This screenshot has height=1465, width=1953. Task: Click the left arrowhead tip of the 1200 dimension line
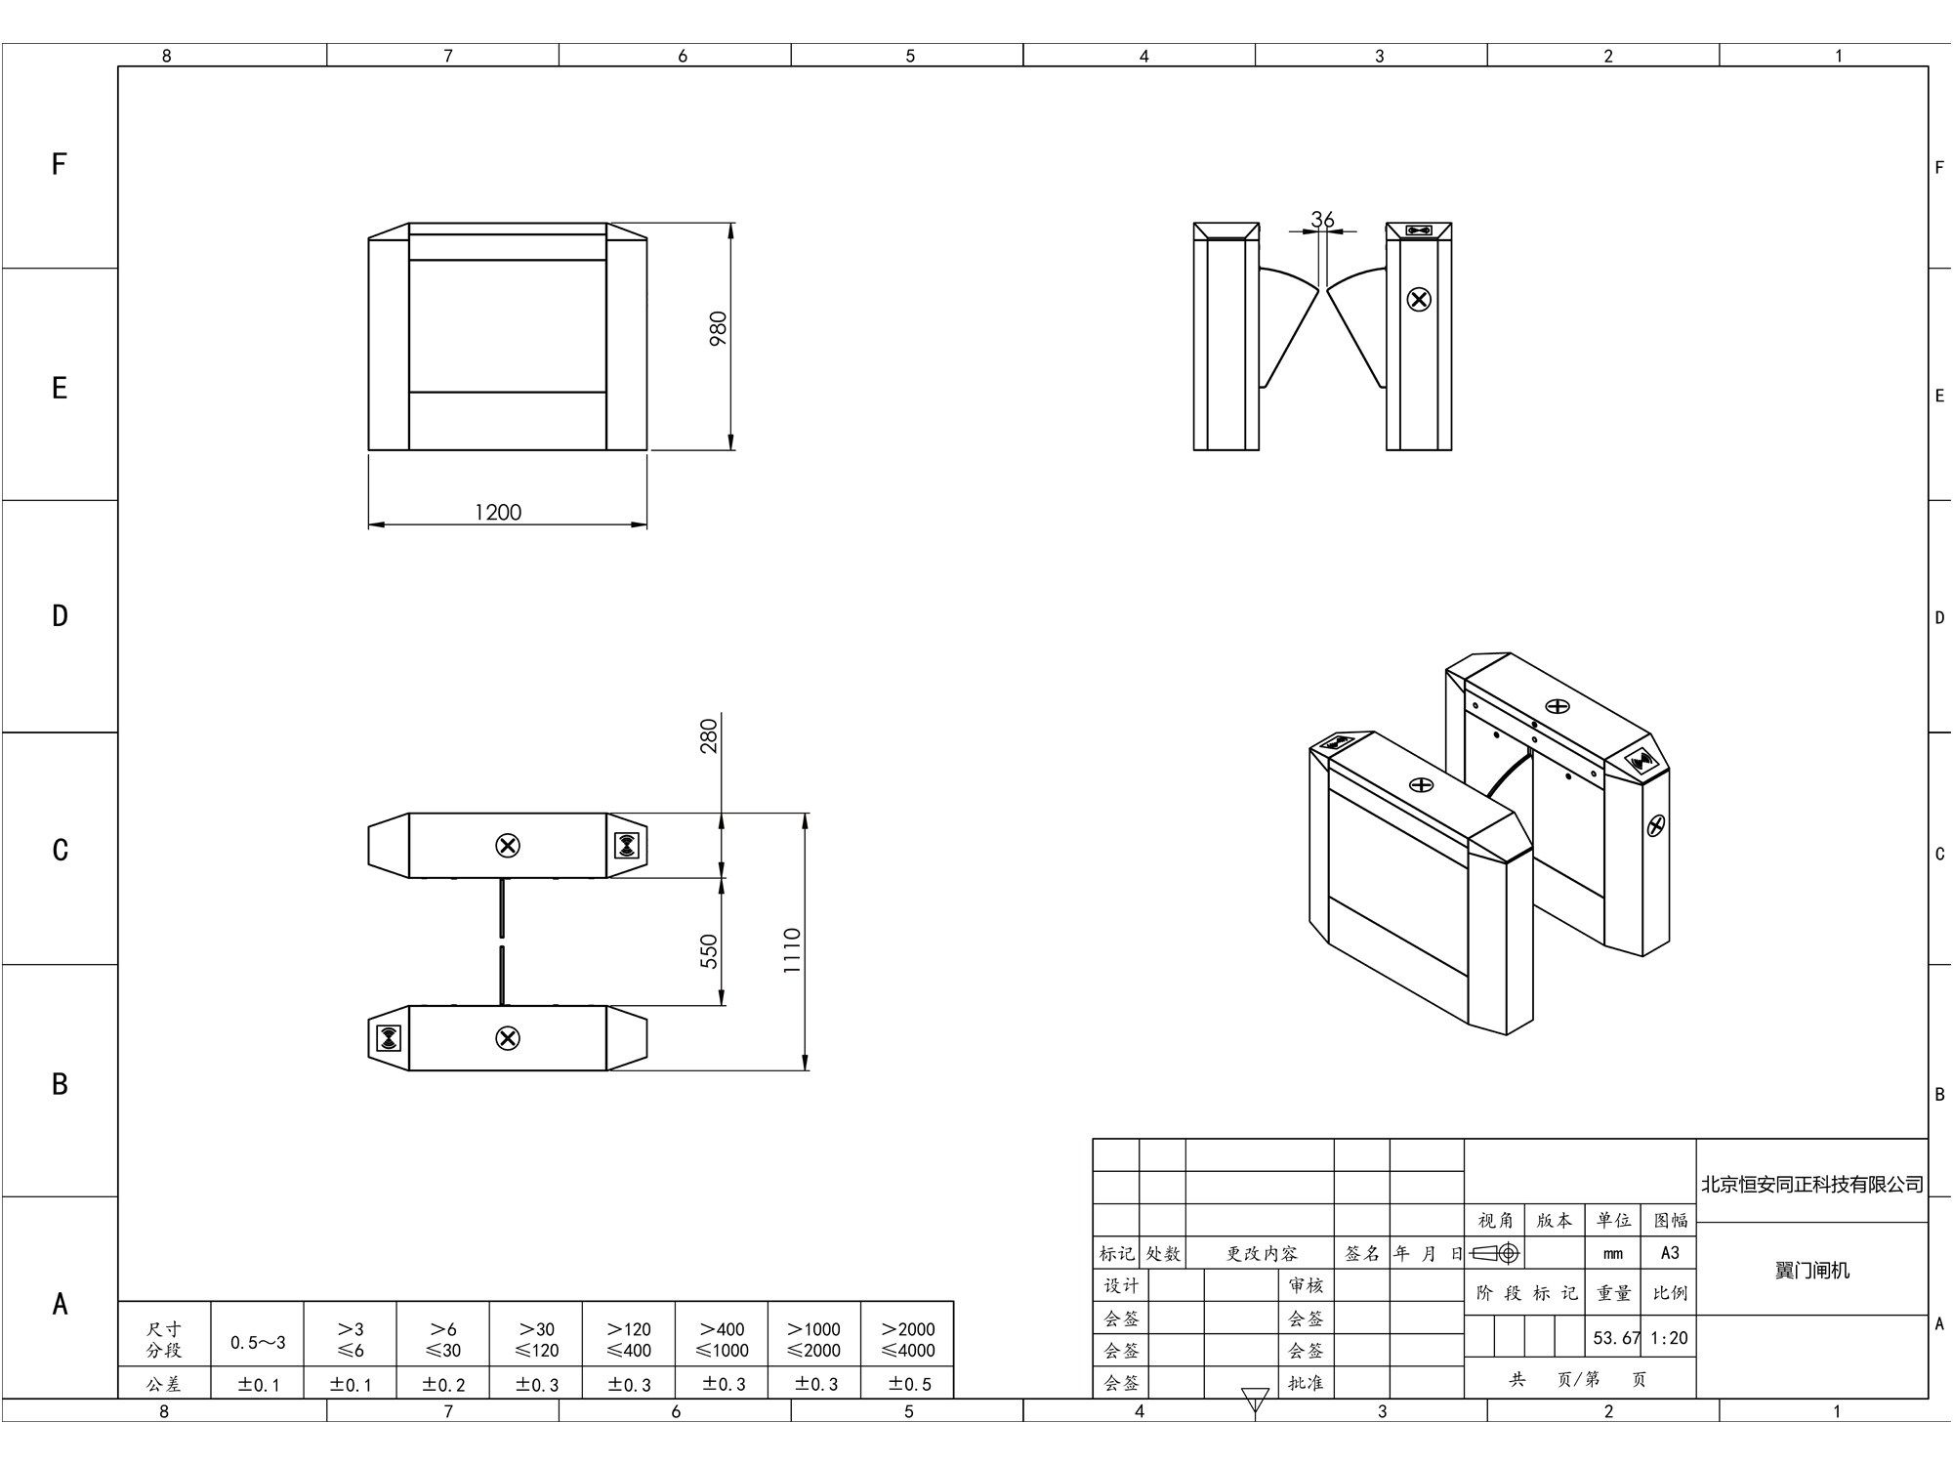[x=369, y=524]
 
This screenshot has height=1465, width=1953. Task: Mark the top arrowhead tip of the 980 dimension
[x=731, y=224]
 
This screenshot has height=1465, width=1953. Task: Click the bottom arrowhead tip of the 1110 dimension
[x=805, y=1070]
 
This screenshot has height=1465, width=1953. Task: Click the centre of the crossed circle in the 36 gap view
[x=1419, y=299]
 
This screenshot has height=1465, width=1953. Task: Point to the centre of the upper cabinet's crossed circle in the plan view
[x=508, y=846]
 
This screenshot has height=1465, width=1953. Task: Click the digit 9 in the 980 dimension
[x=718, y=339]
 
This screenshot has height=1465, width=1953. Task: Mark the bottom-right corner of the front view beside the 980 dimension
[x=646, y=450]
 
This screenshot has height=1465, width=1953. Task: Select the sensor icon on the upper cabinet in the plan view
[x=627, y=846]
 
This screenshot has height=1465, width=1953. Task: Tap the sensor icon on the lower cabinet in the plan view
[x=388, y=1037]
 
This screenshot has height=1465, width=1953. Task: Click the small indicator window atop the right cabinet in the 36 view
[x=1419, y=230]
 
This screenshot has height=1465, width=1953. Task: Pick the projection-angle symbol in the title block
[x=1495, y=1253]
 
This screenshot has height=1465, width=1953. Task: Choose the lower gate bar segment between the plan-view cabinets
[x=502, y=974]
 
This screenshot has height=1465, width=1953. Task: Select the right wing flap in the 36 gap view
[x=1355, y=327]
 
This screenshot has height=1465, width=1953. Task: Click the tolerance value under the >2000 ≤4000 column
[x=908, y=1384]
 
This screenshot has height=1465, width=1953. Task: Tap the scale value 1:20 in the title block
[x=1669, y=1338]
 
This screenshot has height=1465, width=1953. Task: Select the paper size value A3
[x=1670, y=1253]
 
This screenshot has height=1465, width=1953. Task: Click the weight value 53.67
[x=1616, y=1338]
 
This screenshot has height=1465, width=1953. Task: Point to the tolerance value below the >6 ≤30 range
[x=444, y=1384]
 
